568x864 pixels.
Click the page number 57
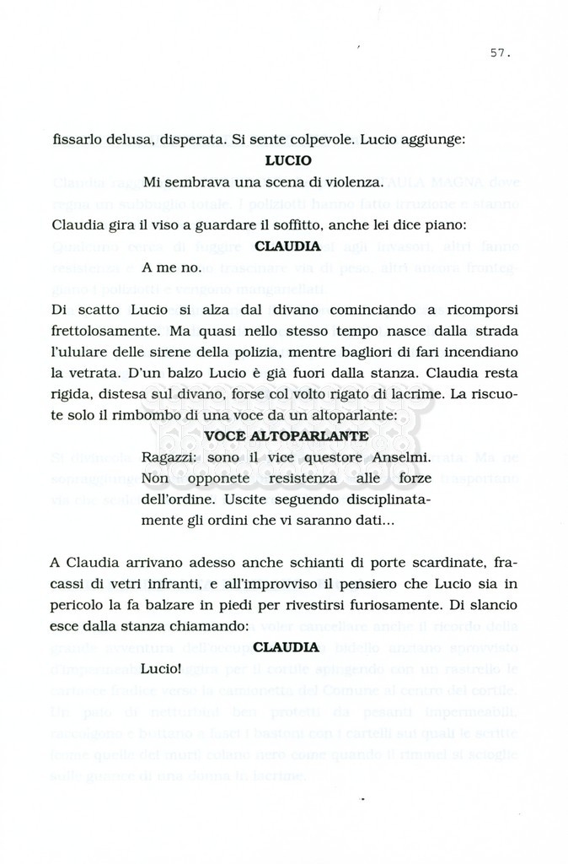point(500,52)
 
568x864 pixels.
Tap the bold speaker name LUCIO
point(287,159)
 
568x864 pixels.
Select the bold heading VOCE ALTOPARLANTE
point(287,435)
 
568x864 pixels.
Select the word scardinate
point(442,562)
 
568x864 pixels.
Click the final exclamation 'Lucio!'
point(163,669)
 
